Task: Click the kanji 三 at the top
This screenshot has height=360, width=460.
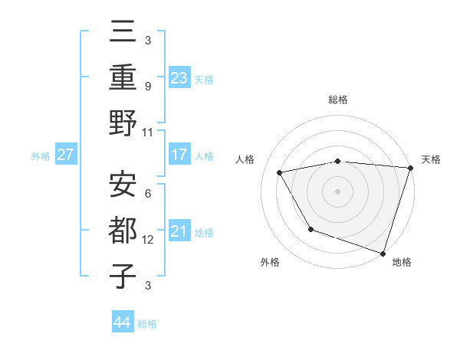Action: (x=123, y=32)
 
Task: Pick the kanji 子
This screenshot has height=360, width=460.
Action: (x=123, y=275)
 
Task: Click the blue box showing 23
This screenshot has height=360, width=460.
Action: (x=179, y=77)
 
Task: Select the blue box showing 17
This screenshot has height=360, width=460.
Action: (x=179, y=154)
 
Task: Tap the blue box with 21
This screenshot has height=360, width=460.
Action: (x=179, y=231)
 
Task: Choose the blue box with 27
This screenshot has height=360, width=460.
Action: (x=65, y=155)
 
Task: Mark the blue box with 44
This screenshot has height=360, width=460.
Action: (x=123, y=322)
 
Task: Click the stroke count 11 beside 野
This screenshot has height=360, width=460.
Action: (x=148, y=132)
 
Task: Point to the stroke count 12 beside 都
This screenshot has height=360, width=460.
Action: (x=148, y=240)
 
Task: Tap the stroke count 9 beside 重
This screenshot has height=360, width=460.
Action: (x=147, y=86)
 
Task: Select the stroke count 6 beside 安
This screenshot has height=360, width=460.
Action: (x=147, y=194)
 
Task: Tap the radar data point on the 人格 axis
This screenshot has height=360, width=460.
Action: (x=280, y=172)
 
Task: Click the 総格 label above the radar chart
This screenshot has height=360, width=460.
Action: (x=338, y=100)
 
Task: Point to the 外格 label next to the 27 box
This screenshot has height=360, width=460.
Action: (x=41, y=155)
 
